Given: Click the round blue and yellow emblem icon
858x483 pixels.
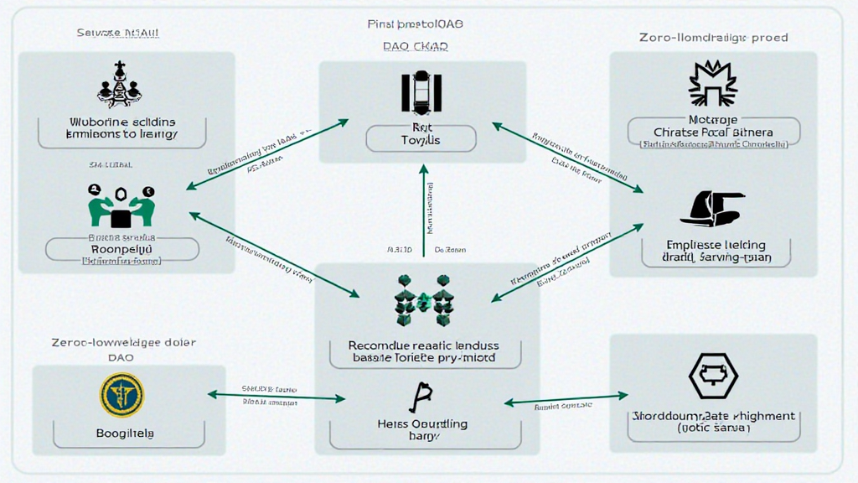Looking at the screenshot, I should pos(121,395).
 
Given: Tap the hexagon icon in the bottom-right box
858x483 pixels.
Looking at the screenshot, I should pos(713,375).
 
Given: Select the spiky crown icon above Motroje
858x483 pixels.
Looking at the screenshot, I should pos(712,84).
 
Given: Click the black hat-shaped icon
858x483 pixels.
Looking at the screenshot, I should pos(712,209).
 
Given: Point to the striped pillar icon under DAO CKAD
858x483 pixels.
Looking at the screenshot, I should pos(421,93).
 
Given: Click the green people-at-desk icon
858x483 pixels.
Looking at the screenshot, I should pos(122,206).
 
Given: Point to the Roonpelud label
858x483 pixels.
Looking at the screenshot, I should pos(121,249).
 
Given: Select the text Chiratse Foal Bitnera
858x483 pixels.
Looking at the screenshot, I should pos(713,132).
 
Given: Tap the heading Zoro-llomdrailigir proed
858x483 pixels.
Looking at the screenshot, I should pos(713,38).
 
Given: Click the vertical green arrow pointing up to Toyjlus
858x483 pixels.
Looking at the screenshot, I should pos(424,210).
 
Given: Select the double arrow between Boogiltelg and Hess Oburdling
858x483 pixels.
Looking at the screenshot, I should pos(277,396).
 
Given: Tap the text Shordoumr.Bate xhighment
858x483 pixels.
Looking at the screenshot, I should pos(713,415).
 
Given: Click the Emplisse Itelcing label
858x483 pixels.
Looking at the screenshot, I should pos(716,244).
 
